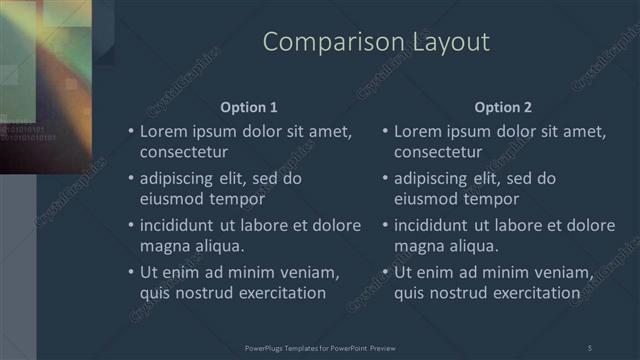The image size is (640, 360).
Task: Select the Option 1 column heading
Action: (x=249, y=107)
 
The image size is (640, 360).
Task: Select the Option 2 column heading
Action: (x=503, y=107)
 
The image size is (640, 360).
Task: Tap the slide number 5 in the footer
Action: (x=589, y=347)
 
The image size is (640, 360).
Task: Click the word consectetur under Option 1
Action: (x=184, y=153)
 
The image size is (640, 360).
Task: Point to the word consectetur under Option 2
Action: (x=438, y=153)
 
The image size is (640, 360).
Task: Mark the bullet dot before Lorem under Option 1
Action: (x=130, y=132)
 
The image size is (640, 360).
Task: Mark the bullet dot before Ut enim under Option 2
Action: (x=385, y=272)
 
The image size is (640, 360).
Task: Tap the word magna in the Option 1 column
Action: (x=162, y=246)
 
